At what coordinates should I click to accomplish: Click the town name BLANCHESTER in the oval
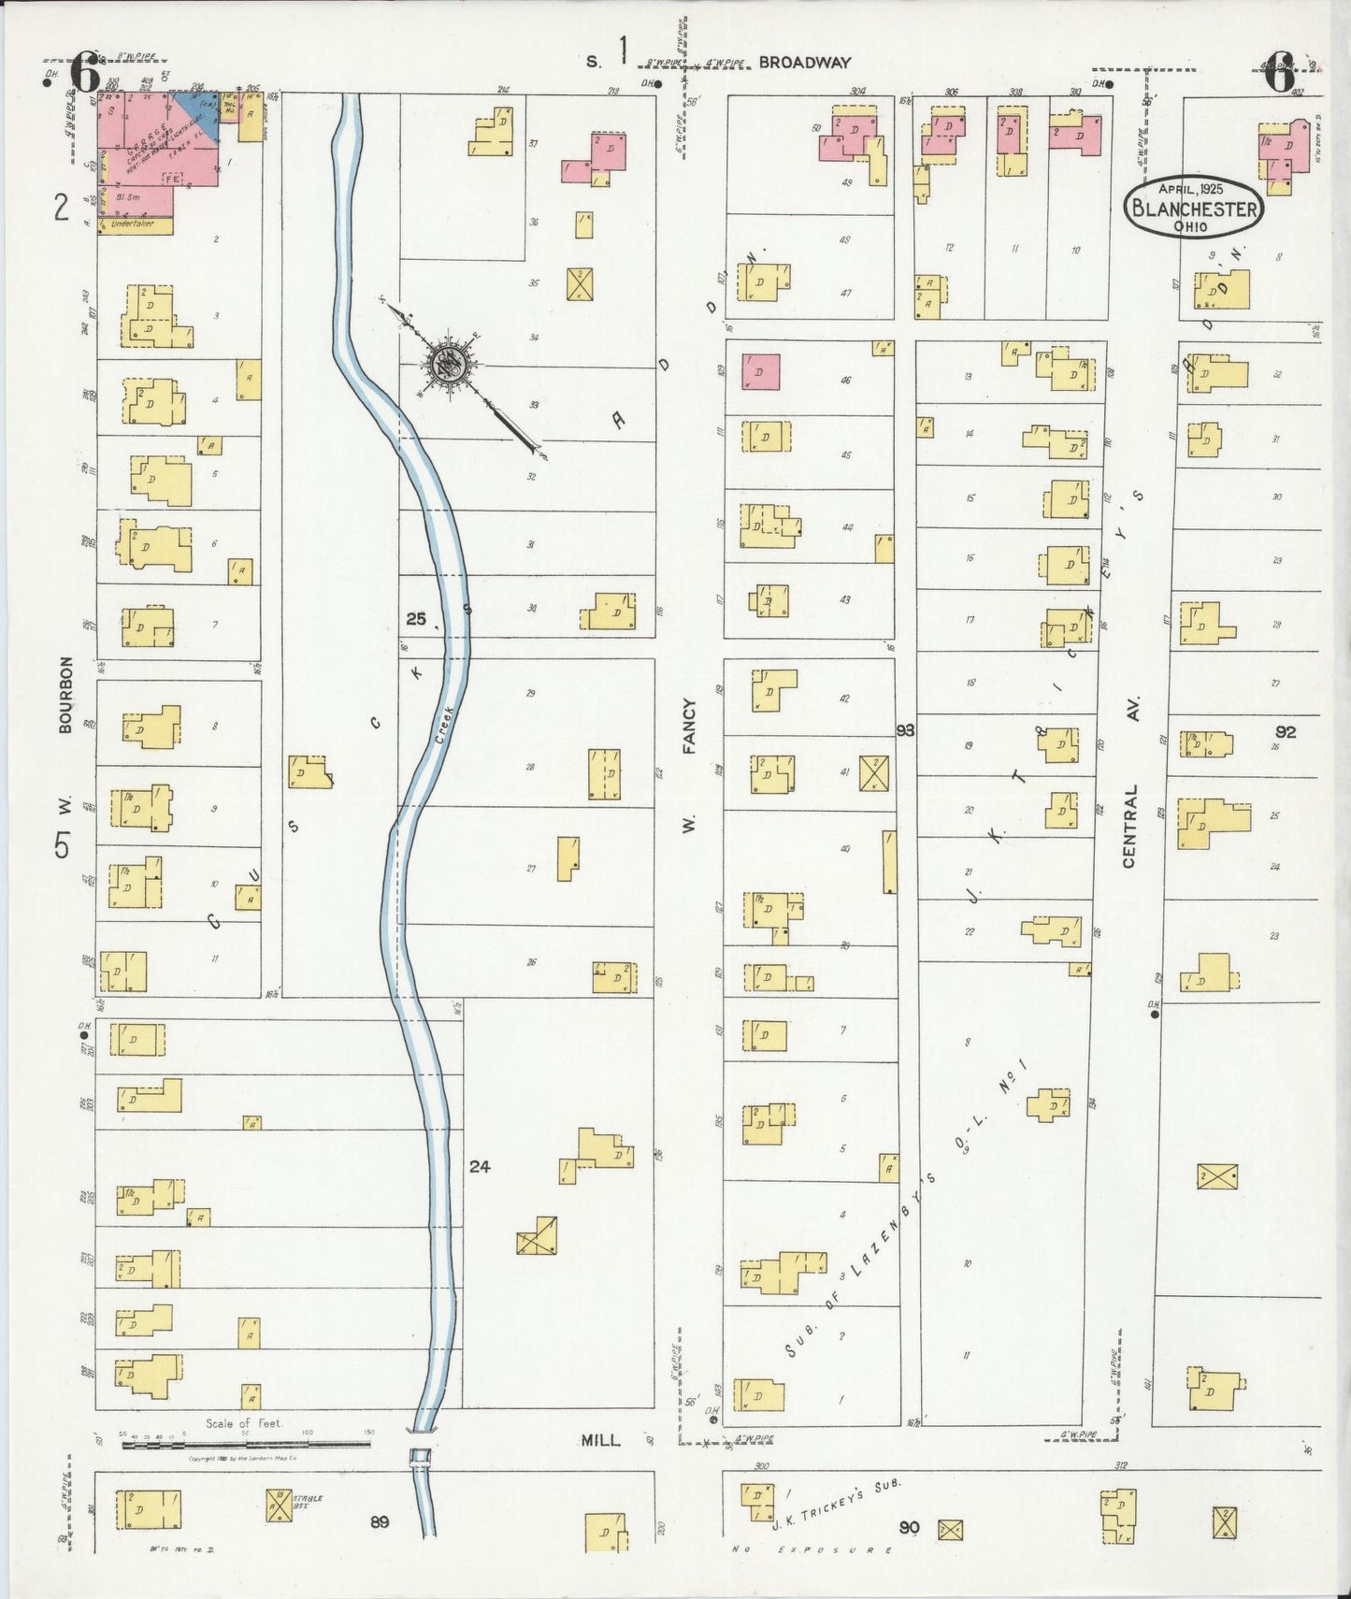pos(1194,208)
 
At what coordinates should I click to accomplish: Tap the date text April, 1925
pos(1190,188)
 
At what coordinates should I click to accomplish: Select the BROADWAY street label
pos(804,63)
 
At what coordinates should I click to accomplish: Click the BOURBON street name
pos(65,694)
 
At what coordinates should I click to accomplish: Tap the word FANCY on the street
pos(690,726)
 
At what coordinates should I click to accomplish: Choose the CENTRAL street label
pos(1128,825)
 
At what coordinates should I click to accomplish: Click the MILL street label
pos(600,1440)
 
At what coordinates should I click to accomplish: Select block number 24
pos(480,1166)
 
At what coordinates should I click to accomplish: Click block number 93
pos(904,729)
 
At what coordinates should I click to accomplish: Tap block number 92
pos(1286,731)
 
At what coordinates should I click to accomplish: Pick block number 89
pos(379,1522)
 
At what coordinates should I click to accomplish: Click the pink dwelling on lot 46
pos(761,371)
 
